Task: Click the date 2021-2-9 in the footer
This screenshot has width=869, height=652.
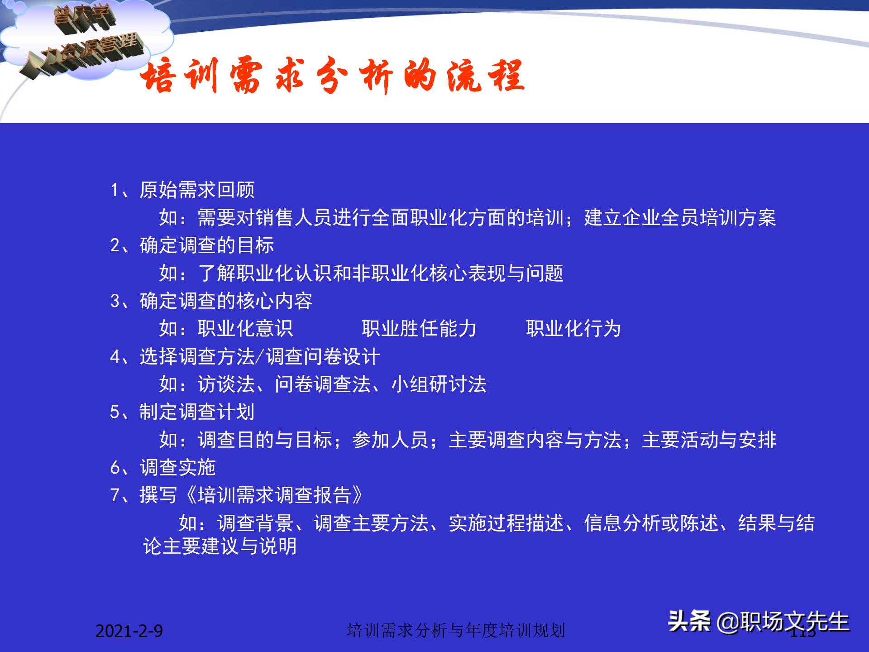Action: click(129, 631)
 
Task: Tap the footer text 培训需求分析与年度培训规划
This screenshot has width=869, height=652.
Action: click(456, 630)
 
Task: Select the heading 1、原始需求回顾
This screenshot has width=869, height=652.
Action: click(183, 190)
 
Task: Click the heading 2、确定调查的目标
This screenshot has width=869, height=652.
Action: click(192, 245)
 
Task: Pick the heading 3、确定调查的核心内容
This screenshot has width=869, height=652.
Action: click(211, 301)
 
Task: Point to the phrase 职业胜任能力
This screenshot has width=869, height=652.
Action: click(419, 329)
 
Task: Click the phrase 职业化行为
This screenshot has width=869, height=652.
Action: click(573, 329)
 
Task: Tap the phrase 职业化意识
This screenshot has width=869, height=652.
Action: click(245, 329)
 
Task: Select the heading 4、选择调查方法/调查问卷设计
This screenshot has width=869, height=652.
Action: click(245, 357)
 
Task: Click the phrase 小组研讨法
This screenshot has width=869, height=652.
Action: click(439, 384)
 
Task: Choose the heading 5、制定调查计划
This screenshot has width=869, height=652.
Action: click(182, 412)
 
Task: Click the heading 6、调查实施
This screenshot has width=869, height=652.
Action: click(163, 468)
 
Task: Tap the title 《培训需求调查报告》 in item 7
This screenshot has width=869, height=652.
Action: click(274, 495)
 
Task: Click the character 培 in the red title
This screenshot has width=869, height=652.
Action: click(158, 76)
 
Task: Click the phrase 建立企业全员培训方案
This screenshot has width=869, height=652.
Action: click(680, 218)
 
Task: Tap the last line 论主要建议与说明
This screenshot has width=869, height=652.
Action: click(220, 547)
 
